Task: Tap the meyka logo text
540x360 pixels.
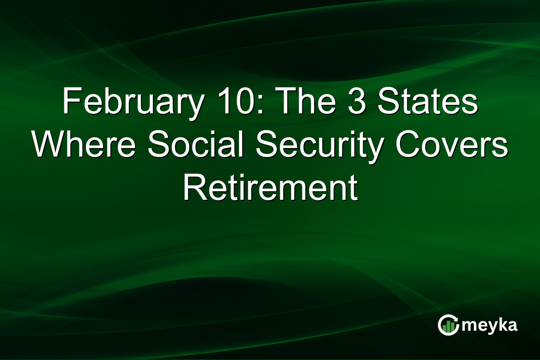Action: [490, 325]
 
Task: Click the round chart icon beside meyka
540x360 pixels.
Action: [448, 325]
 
